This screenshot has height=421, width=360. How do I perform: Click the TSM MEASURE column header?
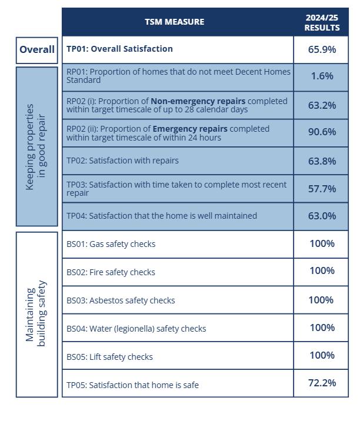[x=175, y=22]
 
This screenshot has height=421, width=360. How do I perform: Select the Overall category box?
[x=37, y=50]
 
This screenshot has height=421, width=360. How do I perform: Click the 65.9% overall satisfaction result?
[x=322, y=49]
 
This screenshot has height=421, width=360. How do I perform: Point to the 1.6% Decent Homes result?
[x=322, y=76]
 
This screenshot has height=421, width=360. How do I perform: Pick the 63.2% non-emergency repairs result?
[x=322, y=105]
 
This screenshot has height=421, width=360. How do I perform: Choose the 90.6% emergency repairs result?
[x=322, y=133]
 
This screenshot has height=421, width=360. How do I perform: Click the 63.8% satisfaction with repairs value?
[x=322, y=161]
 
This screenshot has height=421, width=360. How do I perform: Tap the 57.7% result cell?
[x=322, y=189]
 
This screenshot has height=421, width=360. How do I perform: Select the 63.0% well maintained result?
[x=322, y=216]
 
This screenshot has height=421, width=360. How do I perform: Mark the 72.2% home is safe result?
[x=322, y=383]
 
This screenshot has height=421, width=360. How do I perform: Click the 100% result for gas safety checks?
[x=322, y=243]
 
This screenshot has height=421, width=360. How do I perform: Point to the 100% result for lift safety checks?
[x=322, y=355]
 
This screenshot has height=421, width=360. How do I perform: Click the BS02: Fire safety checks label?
[x=111, y=272]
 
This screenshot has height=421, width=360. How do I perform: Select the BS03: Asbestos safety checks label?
[x=121, y=300]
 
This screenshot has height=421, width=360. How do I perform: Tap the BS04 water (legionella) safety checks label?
[x=136, y=329]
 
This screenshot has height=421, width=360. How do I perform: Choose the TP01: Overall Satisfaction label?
[x=119, y=49]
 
